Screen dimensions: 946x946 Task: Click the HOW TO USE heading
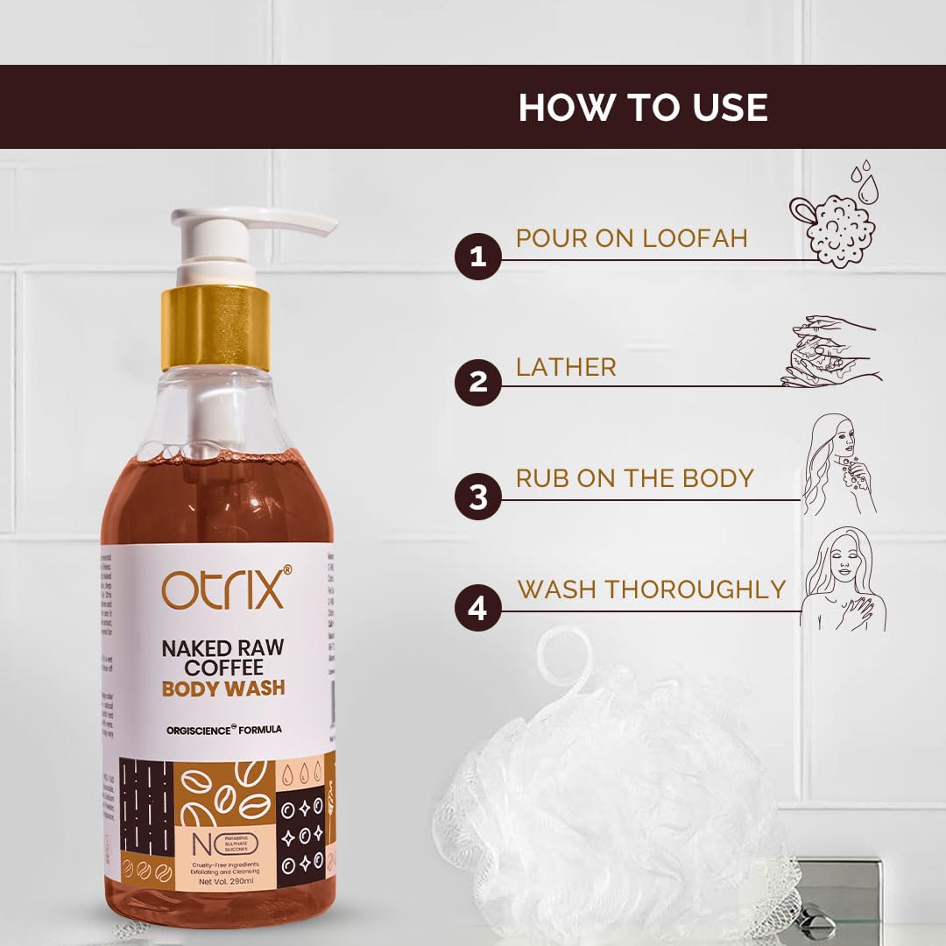pos(643,107)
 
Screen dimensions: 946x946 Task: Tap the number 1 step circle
pos(477,258)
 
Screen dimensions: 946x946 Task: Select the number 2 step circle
pos(477,383)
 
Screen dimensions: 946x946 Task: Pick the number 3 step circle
pos(477,498)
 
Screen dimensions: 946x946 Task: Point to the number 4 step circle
pos(477,608)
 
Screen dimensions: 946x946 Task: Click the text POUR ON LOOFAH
pos(632,238)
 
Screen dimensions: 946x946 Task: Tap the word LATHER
pos(566,367)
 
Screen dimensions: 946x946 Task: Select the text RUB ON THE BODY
pos(634,478)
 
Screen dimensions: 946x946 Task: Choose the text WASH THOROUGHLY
pos(652,589)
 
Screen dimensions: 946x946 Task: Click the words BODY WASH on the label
pos(223,688)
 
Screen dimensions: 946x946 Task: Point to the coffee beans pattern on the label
pos(226,792)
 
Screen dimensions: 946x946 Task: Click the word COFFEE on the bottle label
pos(223,667)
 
